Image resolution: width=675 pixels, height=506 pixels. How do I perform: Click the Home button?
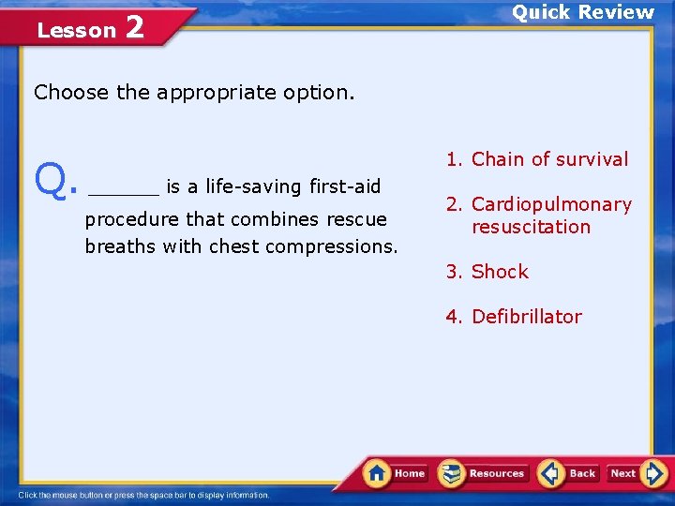(x=396, y=473)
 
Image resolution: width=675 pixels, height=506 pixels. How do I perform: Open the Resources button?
(x=483, y=473)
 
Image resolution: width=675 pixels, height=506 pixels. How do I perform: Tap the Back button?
(x=569, y=473)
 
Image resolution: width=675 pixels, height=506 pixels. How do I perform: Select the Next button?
(x=637, y=473)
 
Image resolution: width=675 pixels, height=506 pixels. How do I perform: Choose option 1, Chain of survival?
(x=537, y=159)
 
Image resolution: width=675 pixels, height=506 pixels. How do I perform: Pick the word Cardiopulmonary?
(x=551, y=204)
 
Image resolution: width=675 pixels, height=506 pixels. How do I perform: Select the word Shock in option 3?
(x=500, y=272)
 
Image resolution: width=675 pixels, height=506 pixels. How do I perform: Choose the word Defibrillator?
(x=526, y=317)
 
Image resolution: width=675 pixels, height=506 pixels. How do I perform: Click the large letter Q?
(x=53, y=180)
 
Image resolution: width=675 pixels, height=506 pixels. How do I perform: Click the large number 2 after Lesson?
(x=134, y=27)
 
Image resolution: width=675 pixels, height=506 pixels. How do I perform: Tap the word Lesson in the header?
(x=76, y=31)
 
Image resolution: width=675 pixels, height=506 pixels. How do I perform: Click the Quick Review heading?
(x=582, y=12)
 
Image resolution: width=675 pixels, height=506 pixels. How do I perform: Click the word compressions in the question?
(x=332, y=247)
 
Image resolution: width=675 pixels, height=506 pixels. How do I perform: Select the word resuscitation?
(x=531, y=227)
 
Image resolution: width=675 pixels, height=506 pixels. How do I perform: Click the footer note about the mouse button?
(x=143, y=495)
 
